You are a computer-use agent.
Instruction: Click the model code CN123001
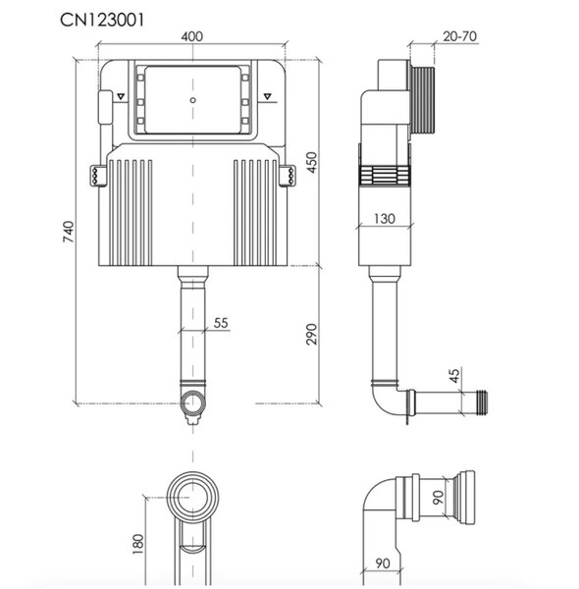(x=102, y=20)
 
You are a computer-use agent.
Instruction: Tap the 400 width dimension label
(x=192, y=36)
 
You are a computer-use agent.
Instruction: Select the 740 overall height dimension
(x=69, y=232)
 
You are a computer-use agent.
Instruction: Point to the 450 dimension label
(x=312, y=162)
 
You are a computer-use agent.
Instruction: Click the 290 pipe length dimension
(x=311, y=334)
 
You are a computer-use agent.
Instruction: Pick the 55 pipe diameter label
(x=221, y=323)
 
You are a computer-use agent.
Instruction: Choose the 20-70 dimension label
(x=459, y=36)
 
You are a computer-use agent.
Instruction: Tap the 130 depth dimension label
(x=385, y=218)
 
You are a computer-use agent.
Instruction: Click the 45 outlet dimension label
(x=454, y=375)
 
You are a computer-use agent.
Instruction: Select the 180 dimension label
(x=138, y=544)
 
